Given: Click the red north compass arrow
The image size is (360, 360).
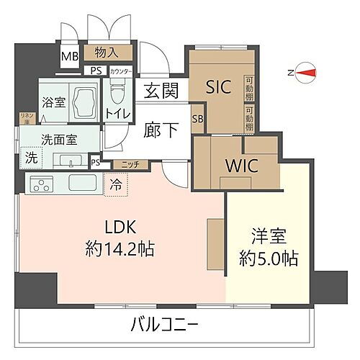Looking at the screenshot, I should pyautogui.click(x=306, y=71).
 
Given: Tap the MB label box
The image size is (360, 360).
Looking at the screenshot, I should pyautogui.click(x=70, y=57).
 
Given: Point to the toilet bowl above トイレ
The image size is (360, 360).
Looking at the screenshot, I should pyautogui.click(x=117, y=92).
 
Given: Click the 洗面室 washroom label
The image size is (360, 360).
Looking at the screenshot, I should pyautogui.click(x=59, y=140).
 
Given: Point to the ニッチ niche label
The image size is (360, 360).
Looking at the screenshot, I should pyautogui.click(x=130, y=164).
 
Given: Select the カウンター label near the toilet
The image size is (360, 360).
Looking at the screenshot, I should pyautogui.click(x=120, y=71).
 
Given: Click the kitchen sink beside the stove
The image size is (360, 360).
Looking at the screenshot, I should pyautogui.click(x=81, y=183).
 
